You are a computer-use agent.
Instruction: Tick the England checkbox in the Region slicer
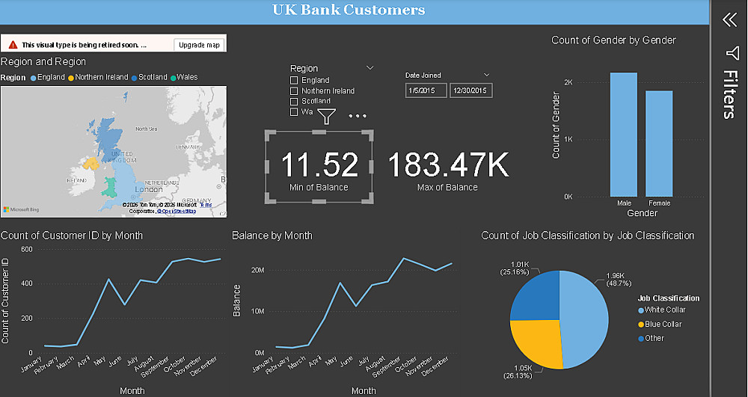[x=294, y=81]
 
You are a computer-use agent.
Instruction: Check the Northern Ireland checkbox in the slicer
[x=294, y=91]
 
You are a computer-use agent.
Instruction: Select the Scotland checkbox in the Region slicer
[x=294, y=102]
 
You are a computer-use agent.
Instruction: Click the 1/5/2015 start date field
[x=425, y=90]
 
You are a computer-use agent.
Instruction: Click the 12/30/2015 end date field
[x=469, y=90]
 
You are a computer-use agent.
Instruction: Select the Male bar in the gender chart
[x=623, y=135]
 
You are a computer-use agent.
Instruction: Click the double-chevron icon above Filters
[x=730, y=20]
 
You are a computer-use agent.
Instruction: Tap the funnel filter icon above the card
[x=326, y=116]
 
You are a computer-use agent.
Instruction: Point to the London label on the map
[x=144, y=189]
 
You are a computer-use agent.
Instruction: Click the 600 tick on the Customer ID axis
[x=26, y=249]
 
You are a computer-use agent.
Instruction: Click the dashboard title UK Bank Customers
[x=349, y=10]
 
